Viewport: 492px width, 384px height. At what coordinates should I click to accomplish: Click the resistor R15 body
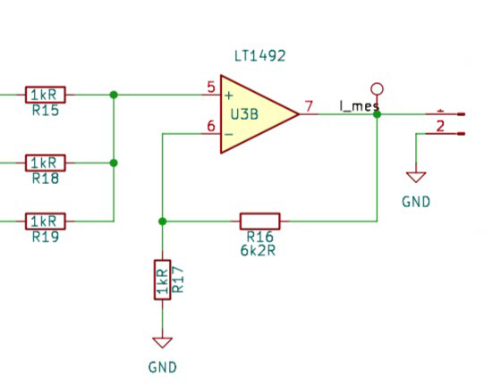tap(46, 95)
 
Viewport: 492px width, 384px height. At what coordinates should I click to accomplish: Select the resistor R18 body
tap(46, 163)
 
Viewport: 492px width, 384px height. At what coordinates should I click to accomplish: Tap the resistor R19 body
tap(46, 221)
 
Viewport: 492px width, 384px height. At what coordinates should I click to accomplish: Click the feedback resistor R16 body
tap(259, 221)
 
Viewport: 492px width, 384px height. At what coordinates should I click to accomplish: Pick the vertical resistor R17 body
tap(162, 280)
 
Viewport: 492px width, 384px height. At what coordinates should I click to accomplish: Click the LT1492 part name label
tap(260, 56)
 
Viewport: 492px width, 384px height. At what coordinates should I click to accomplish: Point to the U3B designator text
tap(244, 114)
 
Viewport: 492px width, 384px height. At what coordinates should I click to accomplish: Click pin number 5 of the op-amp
tap(211, 88)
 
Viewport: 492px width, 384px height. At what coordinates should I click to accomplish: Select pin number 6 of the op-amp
tap(211, 126)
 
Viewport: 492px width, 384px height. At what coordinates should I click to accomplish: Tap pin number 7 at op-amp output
tap(310, 106)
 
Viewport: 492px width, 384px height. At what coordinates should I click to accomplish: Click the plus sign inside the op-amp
tap(229, 96)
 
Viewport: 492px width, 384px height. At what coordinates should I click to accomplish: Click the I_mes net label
tap(360, 106)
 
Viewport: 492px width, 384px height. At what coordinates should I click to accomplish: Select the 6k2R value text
tap(258, 251)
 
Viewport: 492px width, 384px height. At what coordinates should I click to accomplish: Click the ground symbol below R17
tap(162, 343)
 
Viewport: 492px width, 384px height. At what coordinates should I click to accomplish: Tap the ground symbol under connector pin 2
tap(416, 178)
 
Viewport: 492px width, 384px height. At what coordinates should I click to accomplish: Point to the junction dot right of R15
tap(114, 95)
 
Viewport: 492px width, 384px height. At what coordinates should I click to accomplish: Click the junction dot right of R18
tap(114, 163)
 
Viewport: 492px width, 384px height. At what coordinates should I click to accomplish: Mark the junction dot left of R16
tap(162, 221)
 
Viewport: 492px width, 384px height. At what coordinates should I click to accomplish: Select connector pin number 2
tap(440, 126)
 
